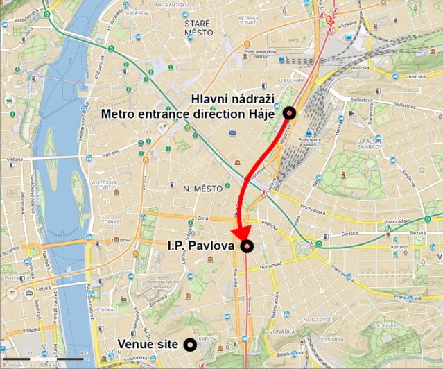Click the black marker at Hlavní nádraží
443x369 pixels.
coord(289,113)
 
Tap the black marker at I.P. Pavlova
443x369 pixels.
coord(247,246)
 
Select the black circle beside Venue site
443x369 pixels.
coord(189,343)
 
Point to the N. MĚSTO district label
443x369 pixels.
coord(198,188)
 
